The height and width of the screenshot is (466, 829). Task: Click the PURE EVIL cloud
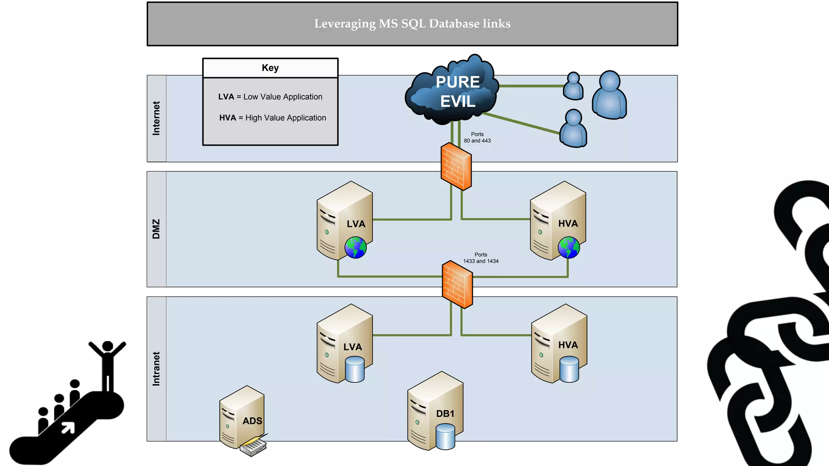point(453,91)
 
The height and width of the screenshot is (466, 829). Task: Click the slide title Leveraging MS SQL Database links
point(412,24)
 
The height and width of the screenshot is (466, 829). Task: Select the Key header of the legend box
point(270,68)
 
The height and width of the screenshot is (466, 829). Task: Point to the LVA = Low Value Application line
point(270,97)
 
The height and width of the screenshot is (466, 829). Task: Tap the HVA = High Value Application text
point(272,118)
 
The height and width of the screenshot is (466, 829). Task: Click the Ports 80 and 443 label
point(477,138)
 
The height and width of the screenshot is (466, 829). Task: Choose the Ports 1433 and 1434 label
point(480,258)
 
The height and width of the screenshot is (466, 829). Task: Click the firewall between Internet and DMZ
point(456,166)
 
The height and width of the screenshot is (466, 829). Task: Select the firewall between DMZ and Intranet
point(457,284)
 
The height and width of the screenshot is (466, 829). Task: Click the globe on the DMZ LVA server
point(355,248)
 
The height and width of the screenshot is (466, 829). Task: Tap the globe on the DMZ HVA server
point(569,248)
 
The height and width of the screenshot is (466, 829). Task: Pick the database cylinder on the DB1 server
point(445,436)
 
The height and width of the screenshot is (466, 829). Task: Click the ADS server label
point(252,421)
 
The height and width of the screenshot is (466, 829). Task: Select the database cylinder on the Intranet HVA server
point(569,369)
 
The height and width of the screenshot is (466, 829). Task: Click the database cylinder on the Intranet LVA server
point(355,369)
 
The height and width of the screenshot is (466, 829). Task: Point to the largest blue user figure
point(609,95)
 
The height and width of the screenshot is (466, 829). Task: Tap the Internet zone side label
point(156,118)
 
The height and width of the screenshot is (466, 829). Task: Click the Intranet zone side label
point(156,369)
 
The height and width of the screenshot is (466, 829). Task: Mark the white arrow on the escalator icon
point(68,428)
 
